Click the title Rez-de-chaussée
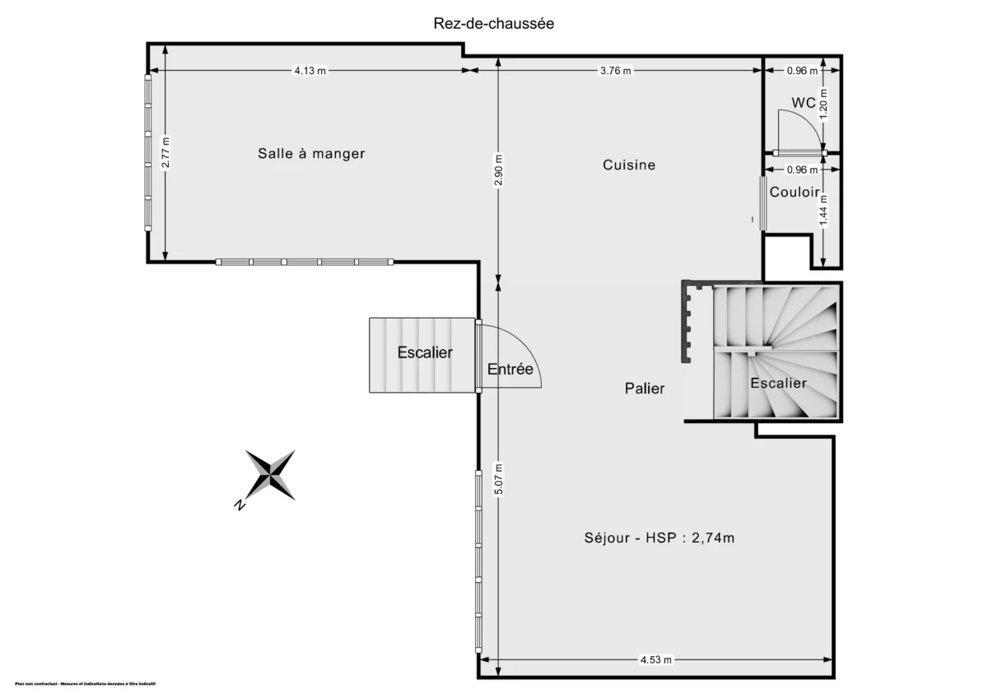(494, 24)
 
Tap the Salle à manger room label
(311, 153)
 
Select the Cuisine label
(629, 165)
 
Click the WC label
(804, 103)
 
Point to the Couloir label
(795, 192)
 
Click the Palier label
(645, 389)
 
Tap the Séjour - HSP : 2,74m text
(659, 538)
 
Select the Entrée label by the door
(510, 370)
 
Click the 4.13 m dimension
(310, 71)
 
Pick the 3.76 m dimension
(615, 71)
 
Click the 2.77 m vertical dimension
(165, 152)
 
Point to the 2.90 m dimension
(498, 170)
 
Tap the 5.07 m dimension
(498, 480)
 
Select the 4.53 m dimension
(656, 659)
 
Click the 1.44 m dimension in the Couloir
(824, 210)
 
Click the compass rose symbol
(270, 475)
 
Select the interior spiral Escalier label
(778, 384)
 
